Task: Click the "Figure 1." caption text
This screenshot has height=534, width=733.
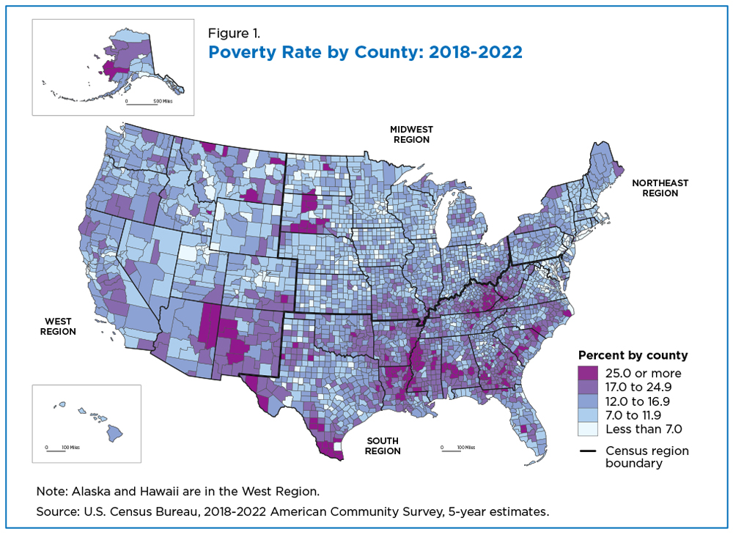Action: (x=234, y=33)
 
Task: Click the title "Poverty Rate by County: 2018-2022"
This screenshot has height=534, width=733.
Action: (x=365, y=52)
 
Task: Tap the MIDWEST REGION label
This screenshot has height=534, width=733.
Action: (x=411, y=135)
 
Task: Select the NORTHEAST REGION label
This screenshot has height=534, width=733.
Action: (x=660, y=188)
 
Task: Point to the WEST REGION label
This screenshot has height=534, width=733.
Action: (x=58, y=327)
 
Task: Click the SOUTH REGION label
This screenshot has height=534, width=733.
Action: (x=383, y=445)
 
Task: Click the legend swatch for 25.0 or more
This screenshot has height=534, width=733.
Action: (x=588, y=373)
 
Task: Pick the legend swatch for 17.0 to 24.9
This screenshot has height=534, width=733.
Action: (x=588, y=387)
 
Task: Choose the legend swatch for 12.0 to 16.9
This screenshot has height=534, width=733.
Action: (x=588, y=401)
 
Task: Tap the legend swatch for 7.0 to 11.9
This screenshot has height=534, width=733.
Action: (x=588, y=415)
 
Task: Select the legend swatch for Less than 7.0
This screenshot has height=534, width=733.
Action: (x=588, y=429)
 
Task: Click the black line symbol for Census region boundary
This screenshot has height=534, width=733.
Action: (x=588, y=450)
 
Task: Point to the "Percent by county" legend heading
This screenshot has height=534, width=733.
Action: (x=633, y=355)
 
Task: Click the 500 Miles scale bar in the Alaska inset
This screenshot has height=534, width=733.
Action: (x=141, y=103)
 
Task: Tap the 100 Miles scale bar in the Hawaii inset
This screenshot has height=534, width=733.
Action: (x=56, y=450)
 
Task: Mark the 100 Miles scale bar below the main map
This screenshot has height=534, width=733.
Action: (x=451, y=450)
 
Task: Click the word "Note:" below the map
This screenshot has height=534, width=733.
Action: (x=52, y=492)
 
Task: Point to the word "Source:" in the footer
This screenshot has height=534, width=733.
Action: (x=58, y=511)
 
